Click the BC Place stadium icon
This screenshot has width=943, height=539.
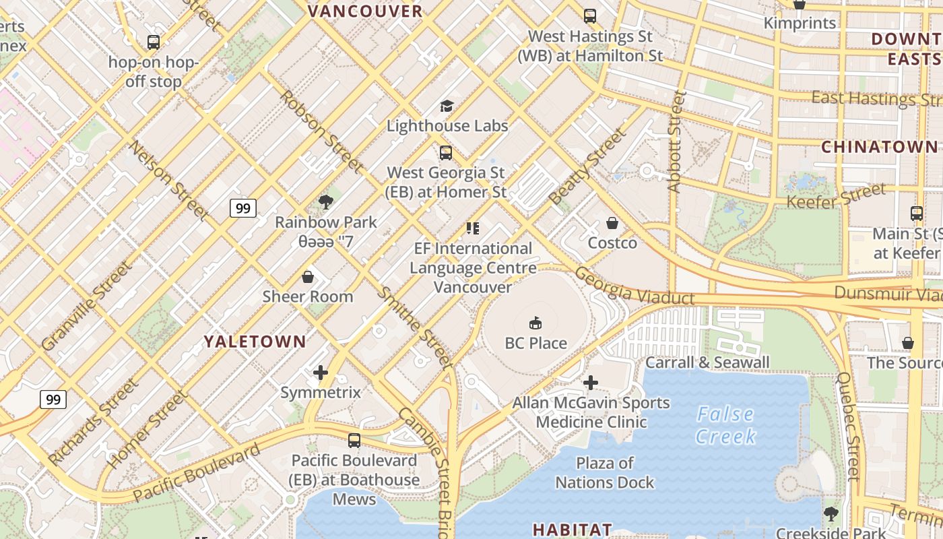coord(535,323)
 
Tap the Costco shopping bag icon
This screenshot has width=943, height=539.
coord(612,223)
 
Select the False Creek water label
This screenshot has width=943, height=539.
coord(725,425)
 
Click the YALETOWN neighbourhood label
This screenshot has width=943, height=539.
coord(255,342)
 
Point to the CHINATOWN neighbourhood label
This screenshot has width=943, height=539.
coord(879,147)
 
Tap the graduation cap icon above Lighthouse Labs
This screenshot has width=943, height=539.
coord(447,106)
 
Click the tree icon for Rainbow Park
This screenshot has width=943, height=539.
coord(326,201)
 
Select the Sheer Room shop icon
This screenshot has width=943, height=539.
coord(308,277)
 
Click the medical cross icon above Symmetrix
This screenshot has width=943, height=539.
coord(321,373)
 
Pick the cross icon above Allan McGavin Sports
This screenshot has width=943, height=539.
coord(591,383)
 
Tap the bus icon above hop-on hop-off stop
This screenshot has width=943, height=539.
coord(154,42)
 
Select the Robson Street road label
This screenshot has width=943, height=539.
coord(321,131)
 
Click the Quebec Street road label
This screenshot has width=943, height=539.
coord(848,426)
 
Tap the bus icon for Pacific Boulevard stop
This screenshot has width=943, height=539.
coord(354,441)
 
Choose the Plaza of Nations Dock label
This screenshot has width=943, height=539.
coord(604,473)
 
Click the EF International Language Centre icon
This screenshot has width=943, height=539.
coord(473,228)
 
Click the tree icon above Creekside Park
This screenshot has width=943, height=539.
coord(831,513)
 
